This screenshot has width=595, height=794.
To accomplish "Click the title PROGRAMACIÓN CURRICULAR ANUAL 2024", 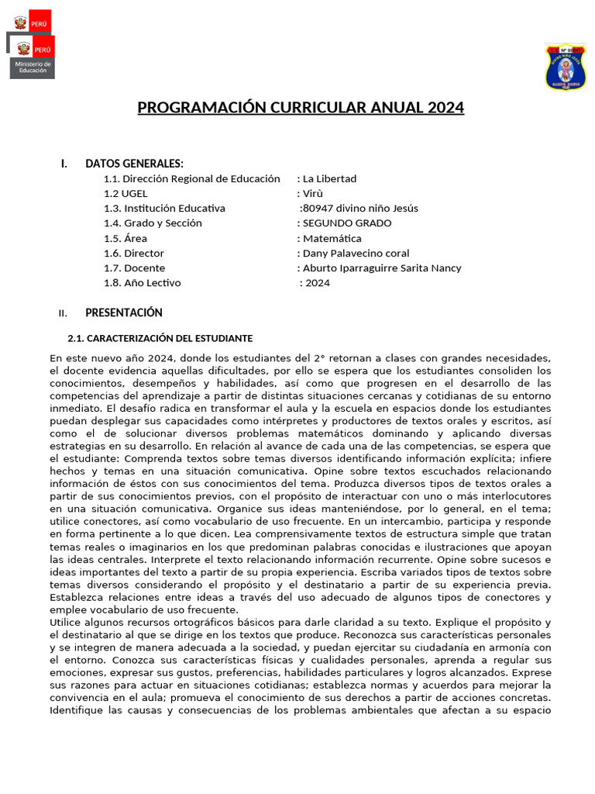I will pos(301,108).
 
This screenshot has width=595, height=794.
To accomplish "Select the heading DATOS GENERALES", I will pos(134,164).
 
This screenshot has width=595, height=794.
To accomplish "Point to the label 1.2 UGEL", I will pos(126,194).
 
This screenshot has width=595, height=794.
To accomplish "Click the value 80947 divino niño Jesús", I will pos(360,209).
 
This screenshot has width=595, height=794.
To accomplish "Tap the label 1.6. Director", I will pos(134,254).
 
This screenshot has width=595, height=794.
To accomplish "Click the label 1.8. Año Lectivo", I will pos(143,283).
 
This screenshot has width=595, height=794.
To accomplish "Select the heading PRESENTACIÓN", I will pos(124,313).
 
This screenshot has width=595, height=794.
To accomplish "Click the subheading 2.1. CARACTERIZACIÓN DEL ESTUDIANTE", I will pos(160,339).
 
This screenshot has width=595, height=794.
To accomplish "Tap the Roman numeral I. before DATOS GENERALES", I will pos(64,164).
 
